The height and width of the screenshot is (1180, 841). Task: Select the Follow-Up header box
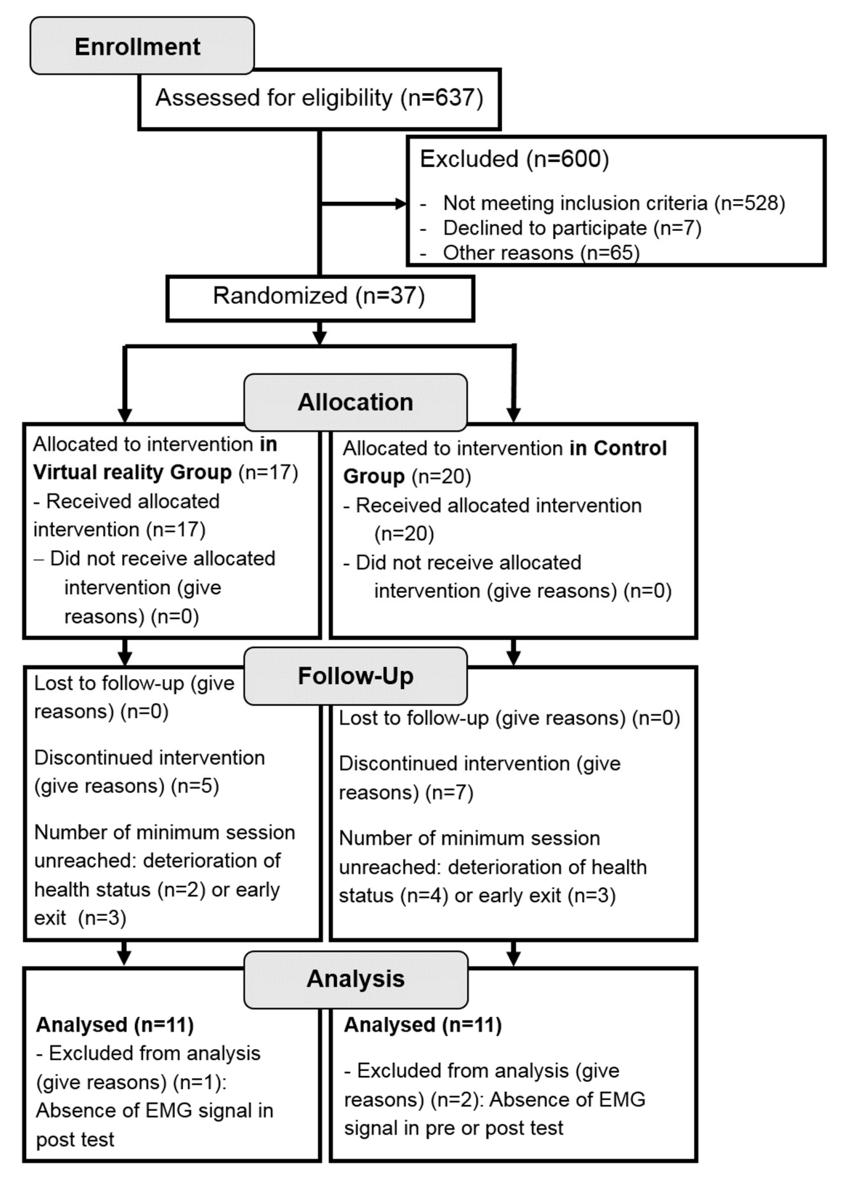point(355,676)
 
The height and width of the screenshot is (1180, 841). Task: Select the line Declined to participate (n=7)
point(572,228)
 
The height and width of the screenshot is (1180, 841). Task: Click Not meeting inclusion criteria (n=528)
point(614,203)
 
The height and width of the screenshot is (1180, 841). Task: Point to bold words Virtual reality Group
point(132,472)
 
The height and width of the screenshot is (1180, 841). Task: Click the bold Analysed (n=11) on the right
point(423,1025)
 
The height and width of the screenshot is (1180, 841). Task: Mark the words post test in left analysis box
point(75,1140)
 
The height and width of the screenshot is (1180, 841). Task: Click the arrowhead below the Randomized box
point(319,337)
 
